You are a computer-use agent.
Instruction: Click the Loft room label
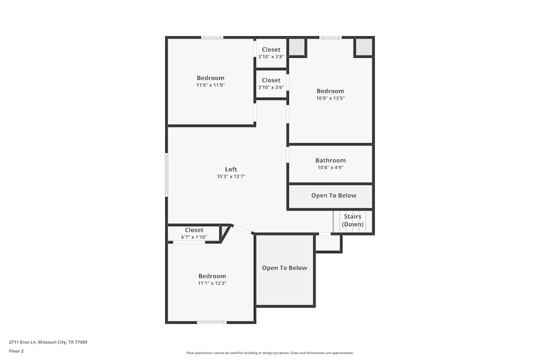(231, 169)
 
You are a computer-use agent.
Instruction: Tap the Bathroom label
(330, 160)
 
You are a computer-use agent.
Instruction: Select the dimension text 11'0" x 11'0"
(211, 85)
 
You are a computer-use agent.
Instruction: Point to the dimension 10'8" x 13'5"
(330, 98)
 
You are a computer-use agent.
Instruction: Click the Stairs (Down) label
(353, 220)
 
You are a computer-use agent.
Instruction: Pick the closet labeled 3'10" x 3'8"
(271, 53)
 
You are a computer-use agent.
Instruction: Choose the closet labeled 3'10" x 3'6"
(271, 84)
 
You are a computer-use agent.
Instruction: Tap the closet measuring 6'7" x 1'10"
(194, 233)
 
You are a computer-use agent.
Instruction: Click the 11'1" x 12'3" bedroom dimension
(212, 283)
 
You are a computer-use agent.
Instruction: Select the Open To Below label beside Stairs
(334, 195)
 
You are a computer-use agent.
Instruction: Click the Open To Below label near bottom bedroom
(285, 268)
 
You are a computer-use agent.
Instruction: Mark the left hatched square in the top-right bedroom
(296, 47)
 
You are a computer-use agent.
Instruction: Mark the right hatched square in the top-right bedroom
(364, 47)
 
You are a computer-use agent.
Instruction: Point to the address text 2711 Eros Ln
(48, 342)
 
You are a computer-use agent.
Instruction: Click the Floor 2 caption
(16, 351)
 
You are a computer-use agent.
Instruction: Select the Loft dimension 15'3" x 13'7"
(231, 176)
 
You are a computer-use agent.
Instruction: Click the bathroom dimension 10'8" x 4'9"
(330, 167)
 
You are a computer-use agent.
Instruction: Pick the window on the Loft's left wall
(166, 175)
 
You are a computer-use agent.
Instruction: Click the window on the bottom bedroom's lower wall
(211, 322)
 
